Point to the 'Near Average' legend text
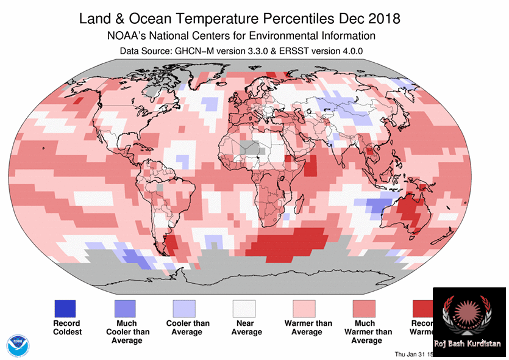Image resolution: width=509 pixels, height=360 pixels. click(247, 328)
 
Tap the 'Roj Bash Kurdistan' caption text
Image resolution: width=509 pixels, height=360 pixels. click(467, 344)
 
